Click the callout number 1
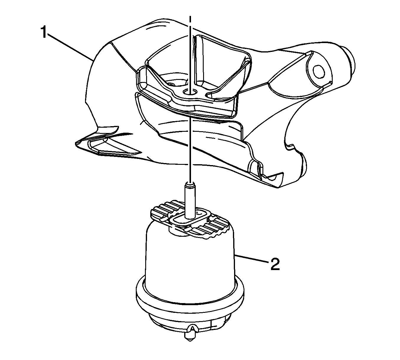tap(44, 32)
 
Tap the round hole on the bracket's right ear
tap(319, 72)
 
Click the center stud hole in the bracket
tap(190, 92)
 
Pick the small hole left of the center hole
tap(171, 84)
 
